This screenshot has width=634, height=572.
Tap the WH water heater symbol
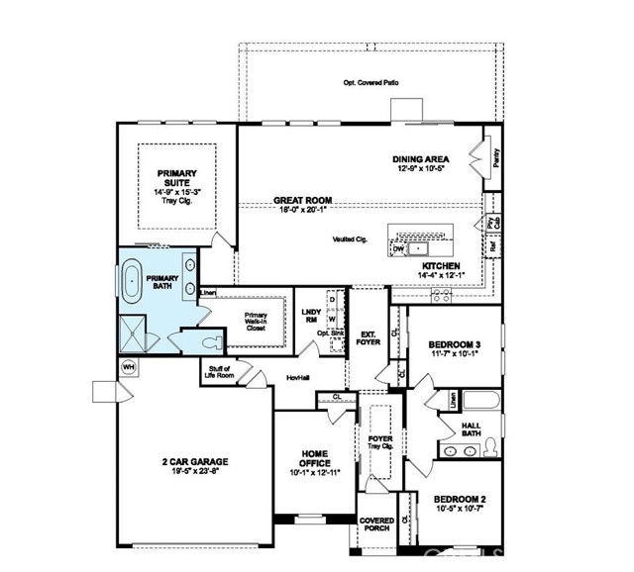[128, 366]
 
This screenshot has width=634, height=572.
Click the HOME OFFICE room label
[314, 458]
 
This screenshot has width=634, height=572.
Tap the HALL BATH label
[472, 429]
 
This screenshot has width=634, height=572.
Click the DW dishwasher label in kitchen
[398, 249]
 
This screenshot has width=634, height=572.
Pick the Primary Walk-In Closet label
[256, 322]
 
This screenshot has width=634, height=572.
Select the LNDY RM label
[311, 315]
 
